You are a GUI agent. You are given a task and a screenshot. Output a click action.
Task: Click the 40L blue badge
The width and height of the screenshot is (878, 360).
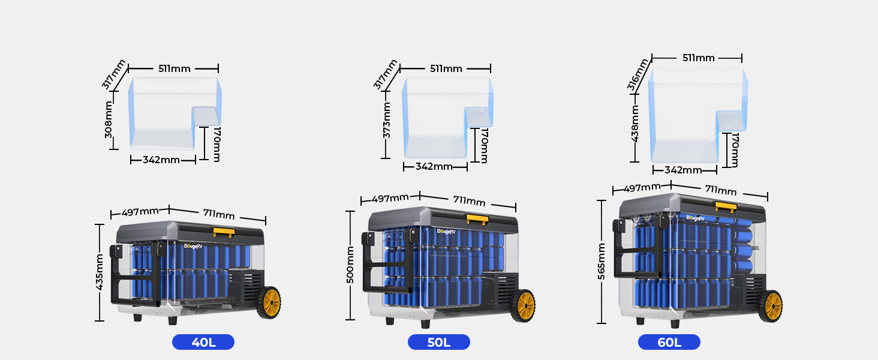pyautogui.click(x=203, y=342)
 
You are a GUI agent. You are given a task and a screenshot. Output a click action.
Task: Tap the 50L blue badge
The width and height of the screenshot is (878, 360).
pyautogui.click(x=438, y=342)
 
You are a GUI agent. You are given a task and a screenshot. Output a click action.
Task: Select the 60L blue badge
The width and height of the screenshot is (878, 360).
pyautogui.click(x=669, y=342)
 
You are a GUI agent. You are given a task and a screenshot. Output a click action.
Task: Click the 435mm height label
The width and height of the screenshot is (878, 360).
pyautogui.click(x=100, y=272)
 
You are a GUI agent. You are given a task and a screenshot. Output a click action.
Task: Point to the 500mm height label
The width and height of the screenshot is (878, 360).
pyautogui.click(x=350, y=265)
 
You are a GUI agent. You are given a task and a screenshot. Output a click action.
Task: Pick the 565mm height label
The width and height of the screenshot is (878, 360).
pyautogui.click(x=602, y=262)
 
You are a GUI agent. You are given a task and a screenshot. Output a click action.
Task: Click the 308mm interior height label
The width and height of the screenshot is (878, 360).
pyautogui.click(x=109, y=119)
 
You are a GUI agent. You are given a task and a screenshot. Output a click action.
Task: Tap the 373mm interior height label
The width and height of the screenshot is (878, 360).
pyautogui.click(x=386, y=120)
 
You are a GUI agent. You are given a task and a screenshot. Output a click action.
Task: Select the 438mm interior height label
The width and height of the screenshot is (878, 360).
pyautogui.click(x=635, y=123)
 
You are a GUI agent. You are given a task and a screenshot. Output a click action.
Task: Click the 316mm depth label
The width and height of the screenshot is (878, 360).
pyautogui.click(x=638, y=75)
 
